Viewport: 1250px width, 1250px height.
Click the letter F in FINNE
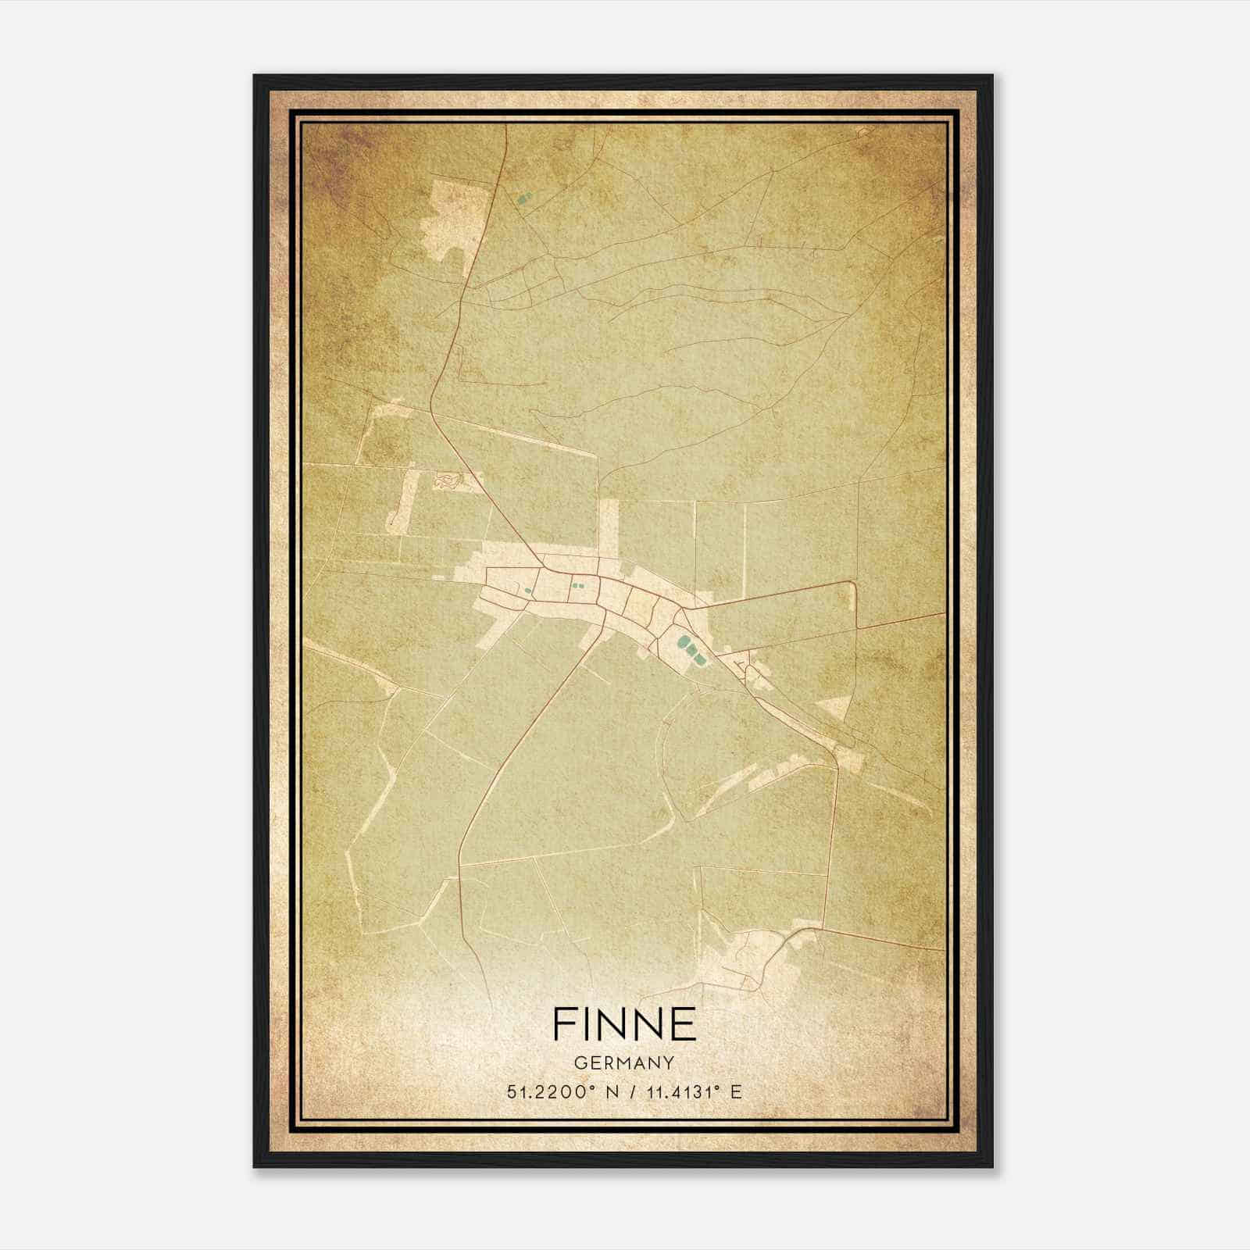click(x=565, y=1023)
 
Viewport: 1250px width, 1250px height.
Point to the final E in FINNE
click(x=682, y=1023)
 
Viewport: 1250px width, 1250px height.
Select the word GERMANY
click(x=623, y=1062)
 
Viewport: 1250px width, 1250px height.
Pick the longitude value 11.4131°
click(x=680, y=1092)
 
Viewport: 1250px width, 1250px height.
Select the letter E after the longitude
click(x=735, y=1092)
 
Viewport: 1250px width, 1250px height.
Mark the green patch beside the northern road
click(x=523, y=198)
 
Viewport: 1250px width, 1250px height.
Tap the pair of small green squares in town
click(x=577, y=585)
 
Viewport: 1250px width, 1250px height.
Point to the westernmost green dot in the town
click(x=528, y=590)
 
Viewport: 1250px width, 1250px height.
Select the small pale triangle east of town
click(x=834, y=708)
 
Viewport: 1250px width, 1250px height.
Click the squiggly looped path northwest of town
click(x=448, y=481)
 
